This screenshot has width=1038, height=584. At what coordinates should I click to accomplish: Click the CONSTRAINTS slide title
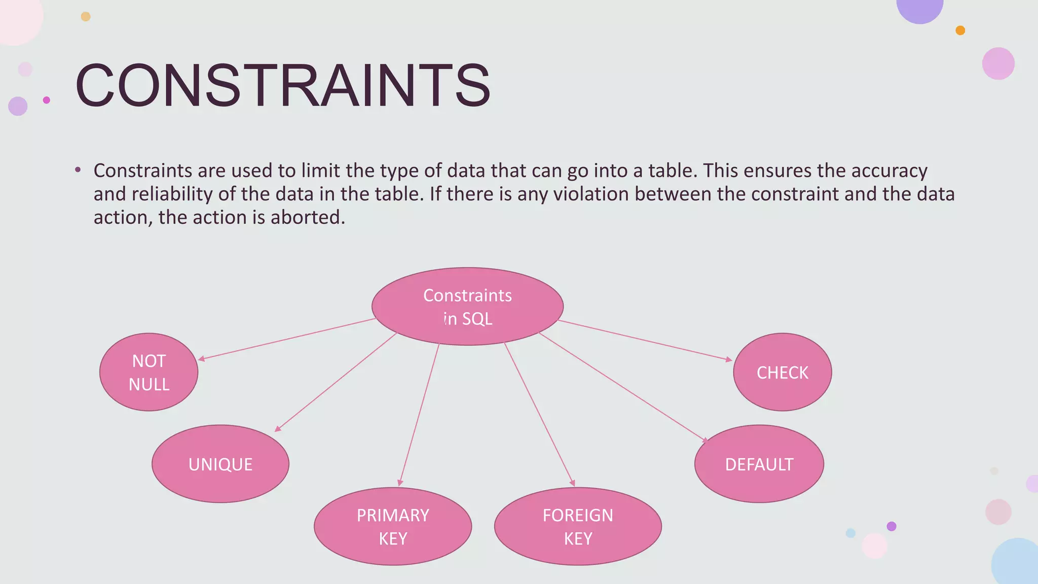click(x=283, y=85)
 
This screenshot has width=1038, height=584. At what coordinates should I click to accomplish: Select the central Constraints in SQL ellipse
click(x=467, y=307)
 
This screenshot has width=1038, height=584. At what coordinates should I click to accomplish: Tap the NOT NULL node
click(x=149, y=372)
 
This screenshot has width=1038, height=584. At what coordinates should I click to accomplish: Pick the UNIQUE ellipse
click(x=220, y=464)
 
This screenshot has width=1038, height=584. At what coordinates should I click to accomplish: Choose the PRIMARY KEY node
click(x=393, y=526)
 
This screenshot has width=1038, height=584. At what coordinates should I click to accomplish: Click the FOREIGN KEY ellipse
click(x=578, y=526)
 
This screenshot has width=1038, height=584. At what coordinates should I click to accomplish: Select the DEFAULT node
click(x=759, y=464)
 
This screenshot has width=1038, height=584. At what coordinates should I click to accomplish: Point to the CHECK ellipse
click(x=782, y=372)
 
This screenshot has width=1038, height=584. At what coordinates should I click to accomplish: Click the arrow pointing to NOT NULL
click(x=286, y=339)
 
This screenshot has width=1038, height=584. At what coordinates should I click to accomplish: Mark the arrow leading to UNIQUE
click(x=336, y=382)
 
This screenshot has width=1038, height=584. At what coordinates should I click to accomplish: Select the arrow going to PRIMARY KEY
click(x=419, y=415)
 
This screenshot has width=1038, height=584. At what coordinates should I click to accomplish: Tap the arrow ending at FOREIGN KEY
click(x=539, y=415)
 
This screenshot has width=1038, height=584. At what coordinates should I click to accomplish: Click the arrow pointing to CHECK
click(x=645, y=340)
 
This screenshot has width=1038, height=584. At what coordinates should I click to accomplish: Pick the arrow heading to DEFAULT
click(x=622, y=387)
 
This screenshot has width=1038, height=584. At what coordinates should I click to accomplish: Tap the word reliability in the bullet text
click(x=172, y=194)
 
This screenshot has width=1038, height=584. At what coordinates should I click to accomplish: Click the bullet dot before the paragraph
click(x=78, y=170)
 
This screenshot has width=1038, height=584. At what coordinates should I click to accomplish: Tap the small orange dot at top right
click(x=960, y=30)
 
